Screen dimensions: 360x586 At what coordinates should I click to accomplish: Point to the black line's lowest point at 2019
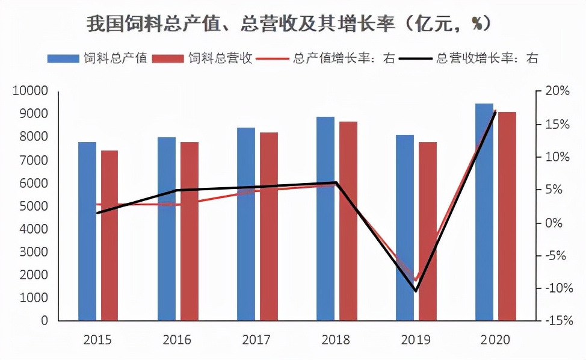point(416,291)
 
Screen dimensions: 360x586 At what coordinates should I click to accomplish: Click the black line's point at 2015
point(97,213)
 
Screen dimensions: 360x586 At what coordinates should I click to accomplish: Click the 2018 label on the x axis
point(336,340)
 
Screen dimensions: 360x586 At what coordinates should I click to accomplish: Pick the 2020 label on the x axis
point(495,340)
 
